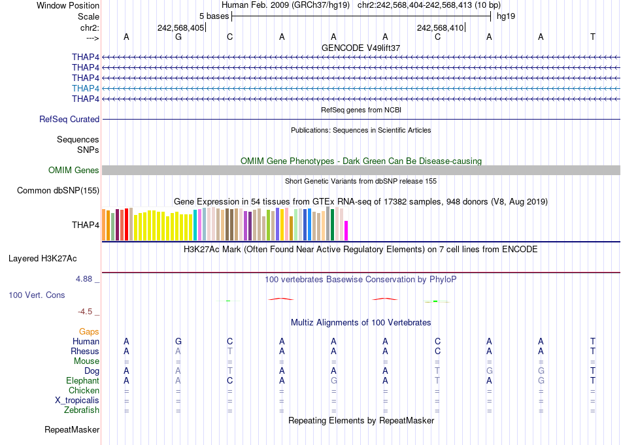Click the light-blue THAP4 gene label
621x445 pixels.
[x=86, y=88]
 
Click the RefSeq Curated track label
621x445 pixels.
[x=69, y=120]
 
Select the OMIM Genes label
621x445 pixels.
[x=74, y=171]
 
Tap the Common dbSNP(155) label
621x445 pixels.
[x=58, y=191]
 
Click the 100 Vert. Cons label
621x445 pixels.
[x=37, y=295]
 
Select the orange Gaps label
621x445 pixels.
[x=89, y=332]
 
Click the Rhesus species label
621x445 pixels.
[x=85, y=352]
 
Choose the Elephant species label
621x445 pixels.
[x=82, y=381]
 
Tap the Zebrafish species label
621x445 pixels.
[x=82, y=410]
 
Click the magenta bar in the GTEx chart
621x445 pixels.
[x=346, y=231]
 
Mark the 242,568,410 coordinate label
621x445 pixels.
[x=440, y=27]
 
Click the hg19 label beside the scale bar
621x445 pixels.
[x=506, y=16]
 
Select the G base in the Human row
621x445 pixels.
[x=178, y=342]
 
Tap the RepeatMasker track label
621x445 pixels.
[x=72, y=430]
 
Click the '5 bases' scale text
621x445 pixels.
[x=214, y=16]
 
